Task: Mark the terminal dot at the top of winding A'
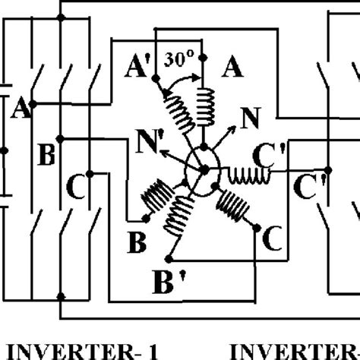(154, 79)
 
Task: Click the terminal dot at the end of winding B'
(167, 253)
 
